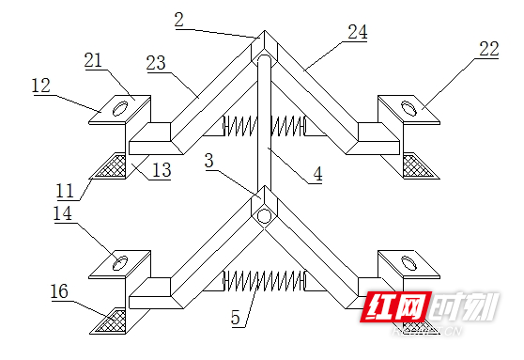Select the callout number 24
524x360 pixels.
356,32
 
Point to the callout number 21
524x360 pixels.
94,59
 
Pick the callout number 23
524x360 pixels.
158,63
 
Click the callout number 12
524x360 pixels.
40,85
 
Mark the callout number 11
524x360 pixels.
64,189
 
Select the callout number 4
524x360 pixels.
318,175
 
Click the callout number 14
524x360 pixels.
64,215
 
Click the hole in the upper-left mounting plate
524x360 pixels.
121,110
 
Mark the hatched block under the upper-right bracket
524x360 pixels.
414,165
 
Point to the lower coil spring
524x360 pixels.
263,280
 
